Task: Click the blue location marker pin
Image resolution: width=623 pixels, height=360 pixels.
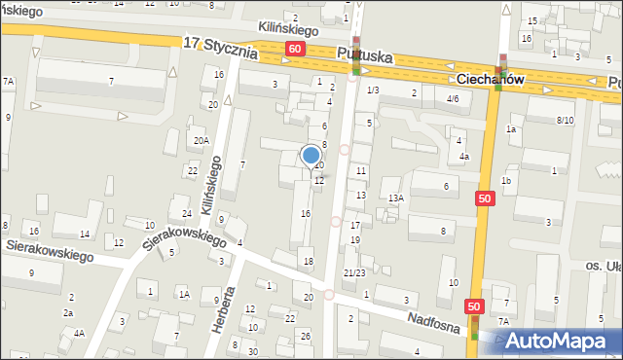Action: (x=311, y=156)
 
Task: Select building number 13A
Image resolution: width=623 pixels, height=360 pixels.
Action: (x=394, y=198)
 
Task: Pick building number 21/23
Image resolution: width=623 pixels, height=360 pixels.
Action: (x=353, y=273)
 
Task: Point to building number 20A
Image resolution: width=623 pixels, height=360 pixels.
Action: (x=201, y=141)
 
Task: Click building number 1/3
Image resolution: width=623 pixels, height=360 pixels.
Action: (x=373, y=90)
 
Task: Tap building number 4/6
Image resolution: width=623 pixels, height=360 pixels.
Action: (x=452, y=99)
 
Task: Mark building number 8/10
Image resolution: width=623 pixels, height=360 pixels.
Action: (x=565, y=120)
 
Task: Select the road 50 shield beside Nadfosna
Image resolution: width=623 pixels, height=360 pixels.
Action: (x=474, y=306)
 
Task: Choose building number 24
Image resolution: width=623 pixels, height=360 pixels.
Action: (x=185, y=213)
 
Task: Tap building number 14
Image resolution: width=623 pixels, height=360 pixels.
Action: (x=85, y=234)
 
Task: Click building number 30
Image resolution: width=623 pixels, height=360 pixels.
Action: (x=253, y=351)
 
